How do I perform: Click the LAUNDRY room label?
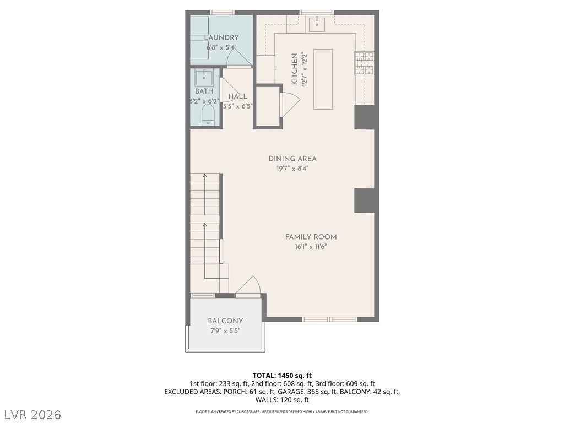221,37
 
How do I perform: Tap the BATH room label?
204,91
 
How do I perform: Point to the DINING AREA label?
292,159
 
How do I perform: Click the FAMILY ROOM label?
311,237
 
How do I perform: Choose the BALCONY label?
225,321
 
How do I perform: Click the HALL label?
237,96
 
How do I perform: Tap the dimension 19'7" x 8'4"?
292,169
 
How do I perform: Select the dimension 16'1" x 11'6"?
311,247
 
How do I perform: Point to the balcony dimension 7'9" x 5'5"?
225,331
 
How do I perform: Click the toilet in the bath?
208,115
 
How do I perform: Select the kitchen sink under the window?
317,24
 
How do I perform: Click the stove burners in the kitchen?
364,62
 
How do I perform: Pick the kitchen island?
323,79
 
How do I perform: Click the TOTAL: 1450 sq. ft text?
281,375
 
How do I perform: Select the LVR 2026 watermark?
32,414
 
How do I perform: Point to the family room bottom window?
329,319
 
